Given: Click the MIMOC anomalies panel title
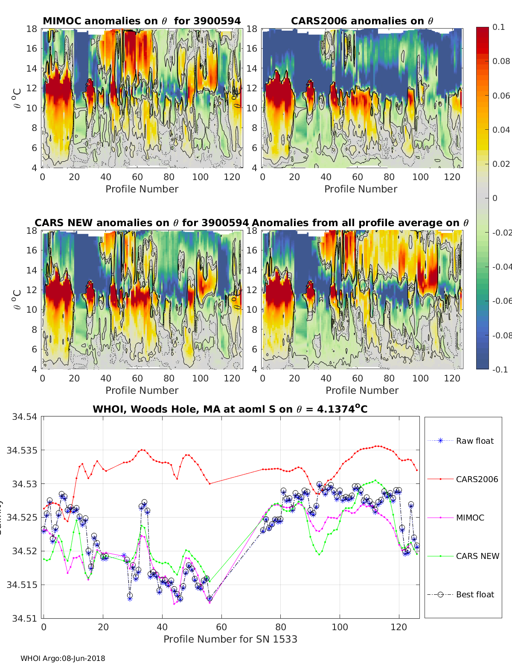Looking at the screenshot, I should tap(142, 21).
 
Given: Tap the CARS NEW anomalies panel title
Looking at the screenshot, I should tap(141, 223).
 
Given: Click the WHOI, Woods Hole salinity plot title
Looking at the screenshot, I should tap(230, 409).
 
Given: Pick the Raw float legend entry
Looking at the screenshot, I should tap(474, 441).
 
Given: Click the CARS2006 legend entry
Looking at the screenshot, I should tap(477, 479).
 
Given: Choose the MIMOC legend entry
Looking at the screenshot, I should tap(470, 518).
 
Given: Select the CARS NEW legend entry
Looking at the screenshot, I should tap(477, 556).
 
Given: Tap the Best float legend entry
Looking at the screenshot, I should tap(475, 594).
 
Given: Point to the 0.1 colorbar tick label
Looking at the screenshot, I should tap(498, 27).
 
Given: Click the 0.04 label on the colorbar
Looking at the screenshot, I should tap(501, 130).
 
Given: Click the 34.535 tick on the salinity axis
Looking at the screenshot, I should tap(22, 450).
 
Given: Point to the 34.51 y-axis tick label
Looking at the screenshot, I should tap(24, 618).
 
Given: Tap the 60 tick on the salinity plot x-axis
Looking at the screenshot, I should tap(221, 627).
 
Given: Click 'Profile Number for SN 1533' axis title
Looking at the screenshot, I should tap(230, 639).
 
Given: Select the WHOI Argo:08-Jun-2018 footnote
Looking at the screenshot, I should tap(63, 658).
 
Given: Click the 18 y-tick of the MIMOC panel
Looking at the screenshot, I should tap(32, 29).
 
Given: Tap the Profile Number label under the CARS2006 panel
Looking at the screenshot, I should tap(361, 189).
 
